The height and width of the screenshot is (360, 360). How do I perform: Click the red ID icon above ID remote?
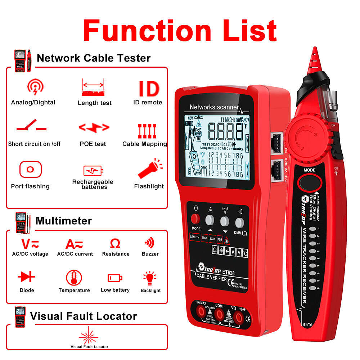point(149,89)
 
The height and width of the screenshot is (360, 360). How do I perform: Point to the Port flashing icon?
point(31,169)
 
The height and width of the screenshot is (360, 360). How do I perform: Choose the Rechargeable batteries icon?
point(93,170)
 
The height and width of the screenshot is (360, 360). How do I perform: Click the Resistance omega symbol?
point(115,244)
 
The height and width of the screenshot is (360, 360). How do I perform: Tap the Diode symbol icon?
point(27,276)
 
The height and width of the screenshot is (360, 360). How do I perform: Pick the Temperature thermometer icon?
point(74,278)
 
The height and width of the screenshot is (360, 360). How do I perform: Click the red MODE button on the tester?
point(196,219)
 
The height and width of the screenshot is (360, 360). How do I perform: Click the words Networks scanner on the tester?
point(214,107)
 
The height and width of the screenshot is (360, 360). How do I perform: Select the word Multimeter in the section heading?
point(64,221)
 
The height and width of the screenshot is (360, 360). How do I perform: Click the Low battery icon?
point(115,278)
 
